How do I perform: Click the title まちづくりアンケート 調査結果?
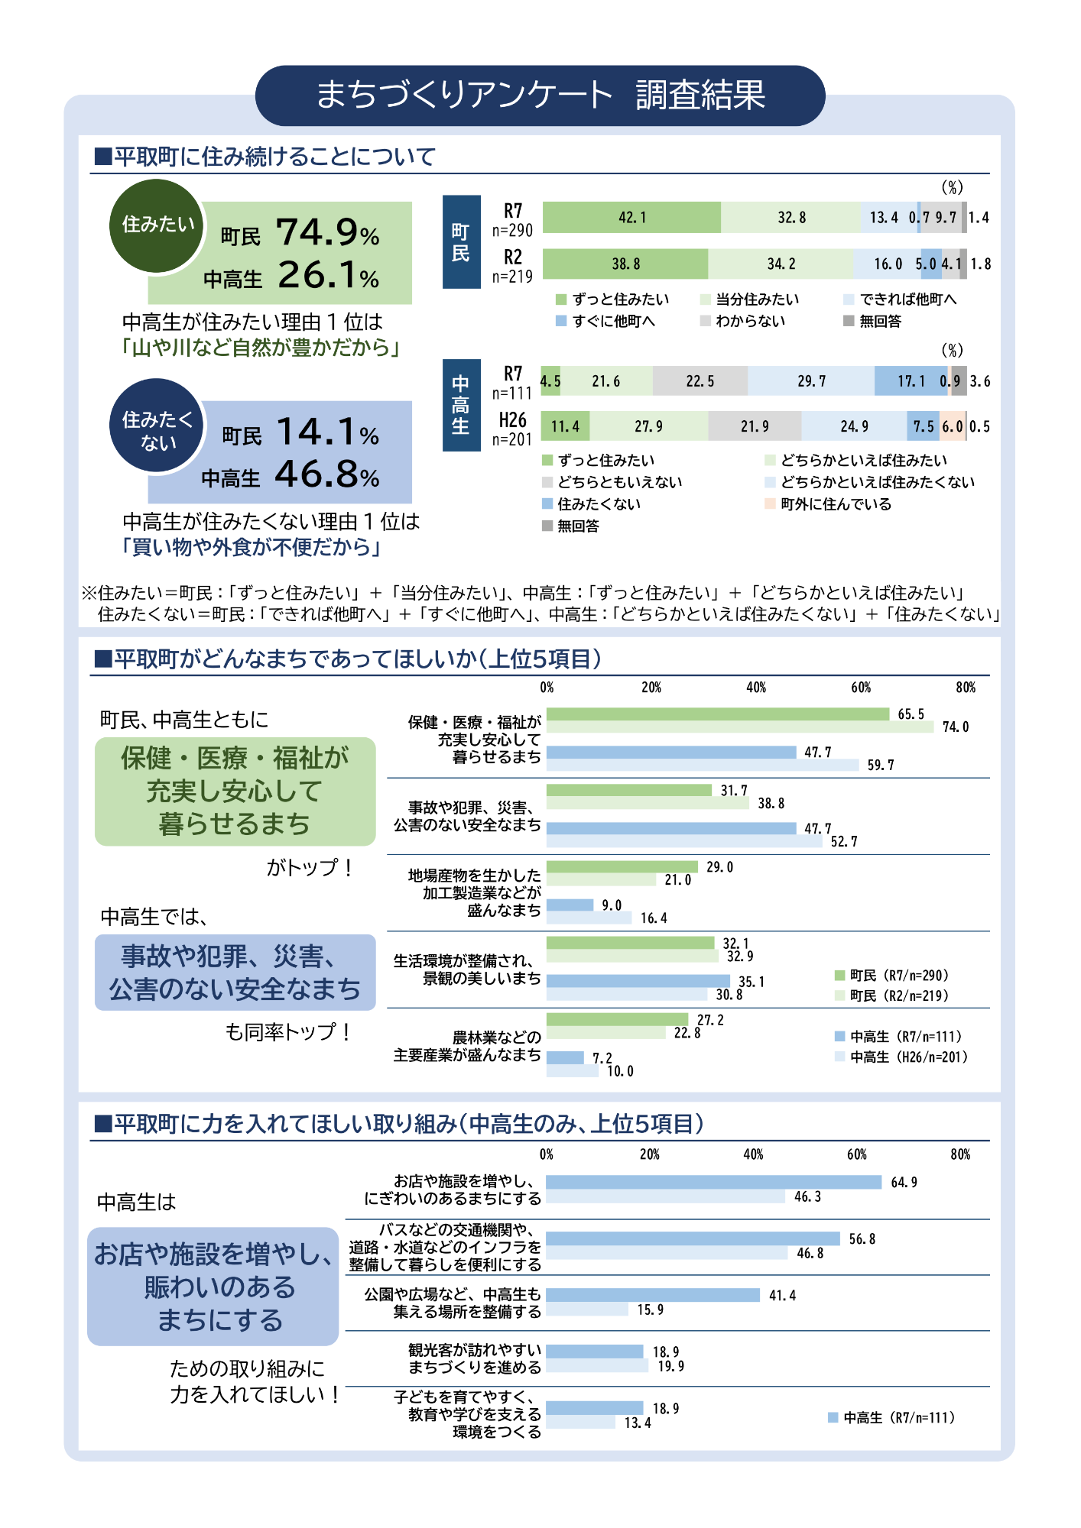[x=540, y=95]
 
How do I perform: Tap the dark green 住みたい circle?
[x=157, y=225]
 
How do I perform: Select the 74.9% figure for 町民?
[x=327, y=232]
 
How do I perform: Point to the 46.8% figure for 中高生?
[x=327, y=474]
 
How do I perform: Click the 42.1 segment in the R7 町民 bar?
[x=631, y=218]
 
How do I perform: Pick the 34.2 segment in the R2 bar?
[x=781, y=264]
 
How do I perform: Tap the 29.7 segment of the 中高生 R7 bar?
[x=811, y=381]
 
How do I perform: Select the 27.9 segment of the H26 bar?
[x=648, y=426]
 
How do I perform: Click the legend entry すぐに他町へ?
[x=612, y=321]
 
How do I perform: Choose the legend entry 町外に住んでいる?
[x=835, y=504]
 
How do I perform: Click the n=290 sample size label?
[x=512, y=230]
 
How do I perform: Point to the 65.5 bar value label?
[x=911, y=714]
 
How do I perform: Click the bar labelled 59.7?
[x=703, y=765]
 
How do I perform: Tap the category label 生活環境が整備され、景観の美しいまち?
[x=467, y=970]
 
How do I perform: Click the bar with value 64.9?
[x=713, y=1182]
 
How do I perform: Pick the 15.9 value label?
[x=651, y=1310]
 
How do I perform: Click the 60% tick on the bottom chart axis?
[x=856, y=1154]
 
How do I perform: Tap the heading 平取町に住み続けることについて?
[x=274, y=157]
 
